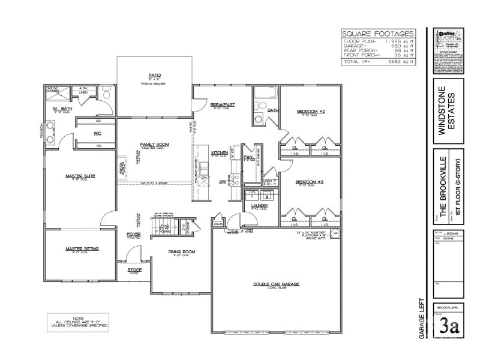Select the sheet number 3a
449,328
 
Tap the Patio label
154,76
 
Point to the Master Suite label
81,176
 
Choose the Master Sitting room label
83,248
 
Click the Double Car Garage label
275,284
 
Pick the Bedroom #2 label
311,112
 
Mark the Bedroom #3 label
310,181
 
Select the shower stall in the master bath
56,95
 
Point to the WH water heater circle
335,232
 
